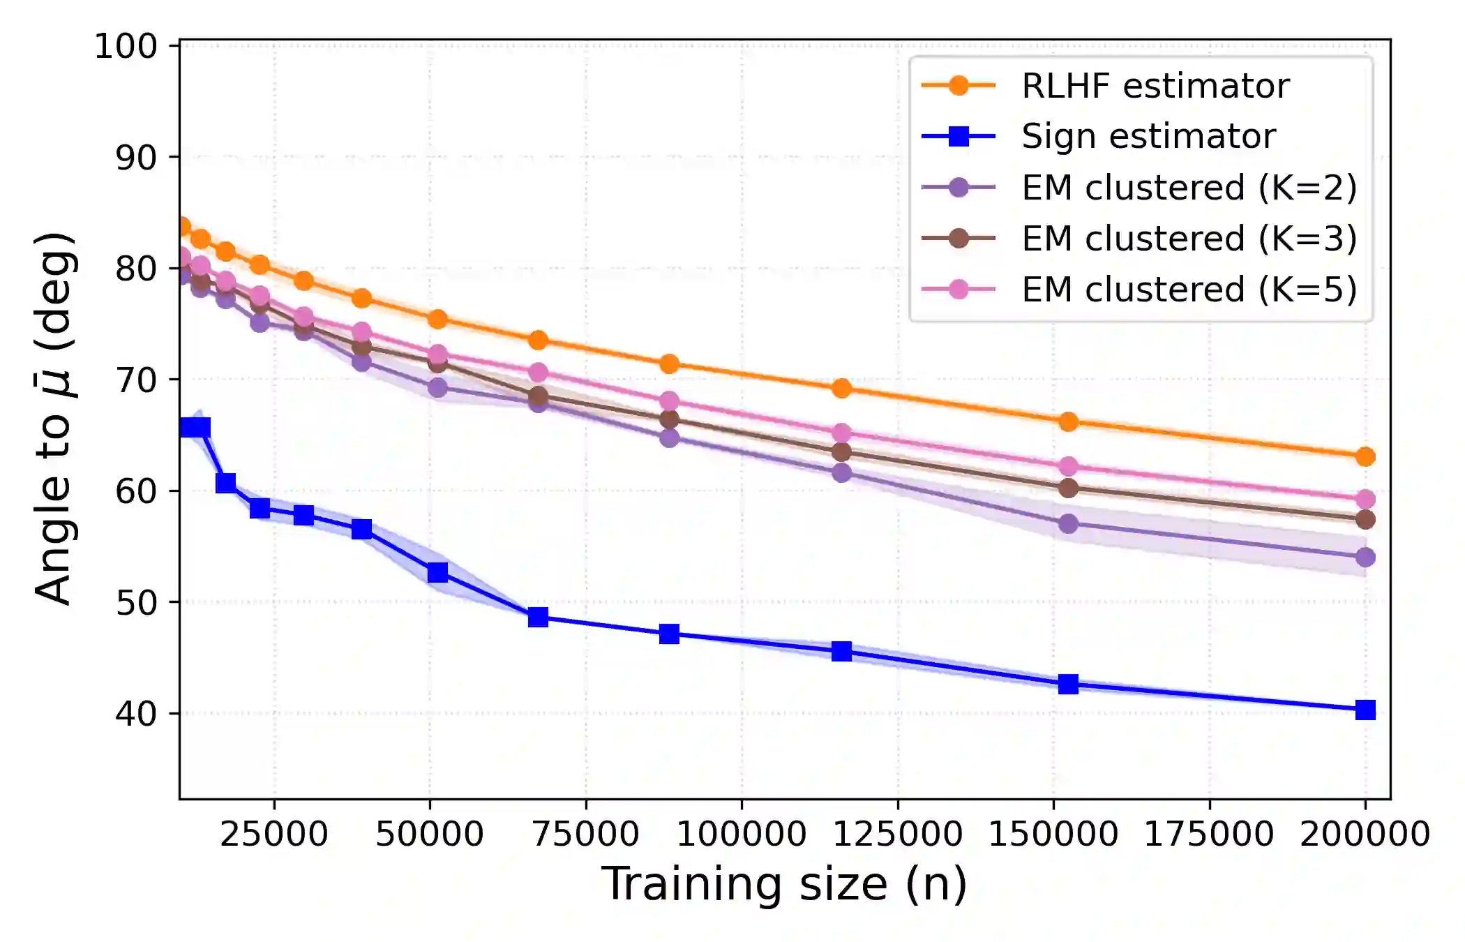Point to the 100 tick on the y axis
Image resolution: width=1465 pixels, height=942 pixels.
(126, 47)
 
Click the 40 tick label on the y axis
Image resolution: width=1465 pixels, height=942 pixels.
(136, 714)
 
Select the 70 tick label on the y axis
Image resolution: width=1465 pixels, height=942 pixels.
(136, 380)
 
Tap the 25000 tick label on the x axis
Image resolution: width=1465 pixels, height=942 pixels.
(273, 834)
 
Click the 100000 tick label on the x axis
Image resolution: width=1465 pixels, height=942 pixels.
(741, 834)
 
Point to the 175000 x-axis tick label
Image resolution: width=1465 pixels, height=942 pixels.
(1209, 834)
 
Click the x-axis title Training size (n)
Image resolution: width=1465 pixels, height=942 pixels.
(784, 884)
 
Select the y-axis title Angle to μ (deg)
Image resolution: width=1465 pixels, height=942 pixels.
(54, 419)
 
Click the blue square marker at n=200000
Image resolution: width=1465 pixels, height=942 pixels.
(1365, 710)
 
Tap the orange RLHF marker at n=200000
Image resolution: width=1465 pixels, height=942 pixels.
(1365, 457)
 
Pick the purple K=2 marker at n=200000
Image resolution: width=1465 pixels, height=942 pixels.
(1365, 558)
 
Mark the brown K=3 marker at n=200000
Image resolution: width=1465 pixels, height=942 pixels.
(1365, 520)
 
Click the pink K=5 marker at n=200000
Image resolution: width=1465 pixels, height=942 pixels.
(1365, 499)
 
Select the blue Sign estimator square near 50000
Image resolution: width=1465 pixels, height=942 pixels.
(437, 572)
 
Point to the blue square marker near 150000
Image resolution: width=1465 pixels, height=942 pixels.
(1068, 684)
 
